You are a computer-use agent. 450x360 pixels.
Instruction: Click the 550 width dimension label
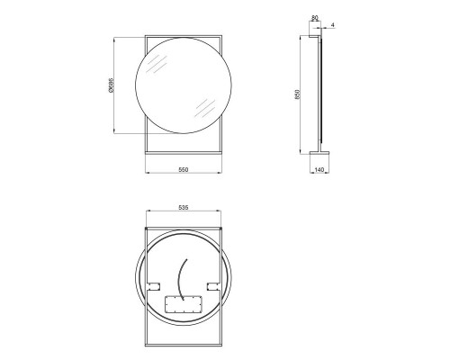click(x=182, y=169)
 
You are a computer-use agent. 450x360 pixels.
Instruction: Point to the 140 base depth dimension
click(x=319, y=169)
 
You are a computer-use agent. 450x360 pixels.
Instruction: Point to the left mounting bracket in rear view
click(x=150, y=286)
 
